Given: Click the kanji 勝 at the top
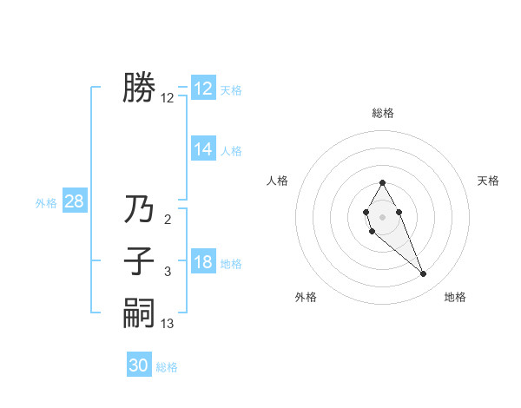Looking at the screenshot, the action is click(139, 88).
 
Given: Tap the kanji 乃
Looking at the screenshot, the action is click(139, 209).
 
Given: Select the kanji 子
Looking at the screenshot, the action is click(139, 261).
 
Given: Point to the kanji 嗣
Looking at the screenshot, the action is click(139, 313).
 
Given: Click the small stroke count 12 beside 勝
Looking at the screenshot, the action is click(168, 98).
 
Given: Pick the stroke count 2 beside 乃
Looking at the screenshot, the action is click(168, 220).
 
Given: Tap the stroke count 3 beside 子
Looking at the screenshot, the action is click(168, 272).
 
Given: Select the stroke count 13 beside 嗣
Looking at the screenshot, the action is click(168, 324).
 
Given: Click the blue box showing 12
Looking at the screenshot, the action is click(203, 89).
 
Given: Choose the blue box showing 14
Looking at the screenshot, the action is click(203, 149).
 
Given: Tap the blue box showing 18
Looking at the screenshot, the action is click(203, 263).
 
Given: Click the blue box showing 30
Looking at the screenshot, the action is click(139, 366).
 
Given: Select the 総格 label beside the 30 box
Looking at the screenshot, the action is click(168, 367).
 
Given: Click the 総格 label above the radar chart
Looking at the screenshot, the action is click(382, 113).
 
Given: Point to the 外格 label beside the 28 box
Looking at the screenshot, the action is click(46, 203).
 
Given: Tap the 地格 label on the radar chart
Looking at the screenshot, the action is click(455, 297).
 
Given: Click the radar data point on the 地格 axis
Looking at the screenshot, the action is click(424, 274).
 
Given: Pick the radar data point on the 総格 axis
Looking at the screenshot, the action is click(382, 182).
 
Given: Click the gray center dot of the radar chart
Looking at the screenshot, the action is click(382, 214).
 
